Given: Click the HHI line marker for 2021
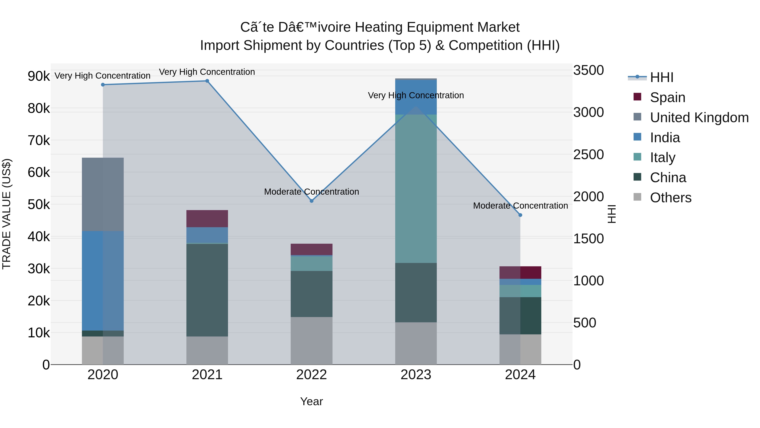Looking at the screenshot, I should [207, 81].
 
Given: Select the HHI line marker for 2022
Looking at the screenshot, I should [312, 201].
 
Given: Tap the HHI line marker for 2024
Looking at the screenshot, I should [520, 215].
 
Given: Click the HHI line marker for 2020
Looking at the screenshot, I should [103, 85].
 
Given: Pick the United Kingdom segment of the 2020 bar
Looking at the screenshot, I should [103, 194].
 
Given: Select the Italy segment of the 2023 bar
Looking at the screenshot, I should [416, 189].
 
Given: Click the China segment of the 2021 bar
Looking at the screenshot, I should [207, 290].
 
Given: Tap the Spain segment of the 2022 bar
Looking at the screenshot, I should [312, 249].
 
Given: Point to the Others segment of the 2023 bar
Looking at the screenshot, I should [416, 343].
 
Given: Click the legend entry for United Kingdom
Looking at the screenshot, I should [699, 117].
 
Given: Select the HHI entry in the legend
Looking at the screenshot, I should [661, 77].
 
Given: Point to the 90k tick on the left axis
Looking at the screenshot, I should [39, 76].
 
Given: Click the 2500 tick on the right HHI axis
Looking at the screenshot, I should [588, 155].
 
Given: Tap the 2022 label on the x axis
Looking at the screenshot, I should [312, 375].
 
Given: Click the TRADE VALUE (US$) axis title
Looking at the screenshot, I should [7, 214].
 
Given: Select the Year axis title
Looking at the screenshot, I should [312, 401].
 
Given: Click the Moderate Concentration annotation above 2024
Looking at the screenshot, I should [520, 206].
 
